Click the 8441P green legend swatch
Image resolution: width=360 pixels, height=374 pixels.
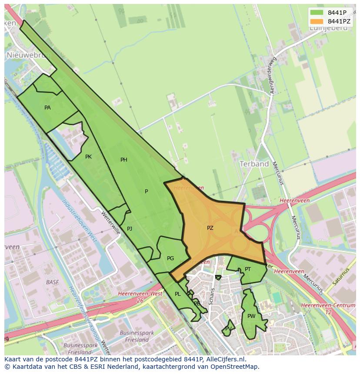(x=317, y=13)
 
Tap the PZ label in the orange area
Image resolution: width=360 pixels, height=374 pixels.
(x=210, y=228)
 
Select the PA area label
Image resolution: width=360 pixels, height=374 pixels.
(x=47, y=107)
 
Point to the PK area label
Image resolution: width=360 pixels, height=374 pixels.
(x=88, y=157)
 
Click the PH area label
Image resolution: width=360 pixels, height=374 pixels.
(x=124, y=160)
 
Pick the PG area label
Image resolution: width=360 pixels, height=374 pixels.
(x=170, y=258)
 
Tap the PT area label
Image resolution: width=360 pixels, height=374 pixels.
(x=248, y=269)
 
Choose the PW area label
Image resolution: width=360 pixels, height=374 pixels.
(x=251, y=316)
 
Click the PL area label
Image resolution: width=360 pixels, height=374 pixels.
(x=177, y=294)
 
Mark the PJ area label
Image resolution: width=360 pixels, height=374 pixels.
(x=130, y=228)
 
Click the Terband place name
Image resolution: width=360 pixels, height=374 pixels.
(x=254, y=164)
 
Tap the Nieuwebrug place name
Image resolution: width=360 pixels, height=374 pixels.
(x=29, y=55)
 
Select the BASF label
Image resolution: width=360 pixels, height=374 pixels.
(x=52, y=282)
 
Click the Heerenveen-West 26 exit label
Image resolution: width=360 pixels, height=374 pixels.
(x=140, y=297)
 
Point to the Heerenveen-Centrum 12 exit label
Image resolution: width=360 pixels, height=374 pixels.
(x=328, y=308)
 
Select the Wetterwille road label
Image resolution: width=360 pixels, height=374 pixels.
(x=110, y=223)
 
